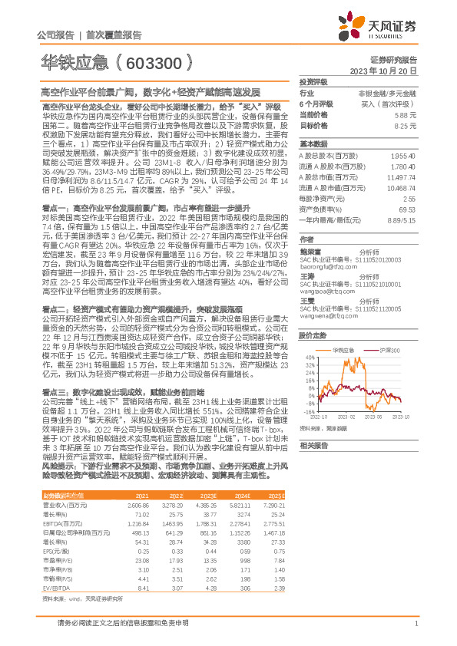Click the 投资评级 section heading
[313, 81]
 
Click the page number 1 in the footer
[415, 623]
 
